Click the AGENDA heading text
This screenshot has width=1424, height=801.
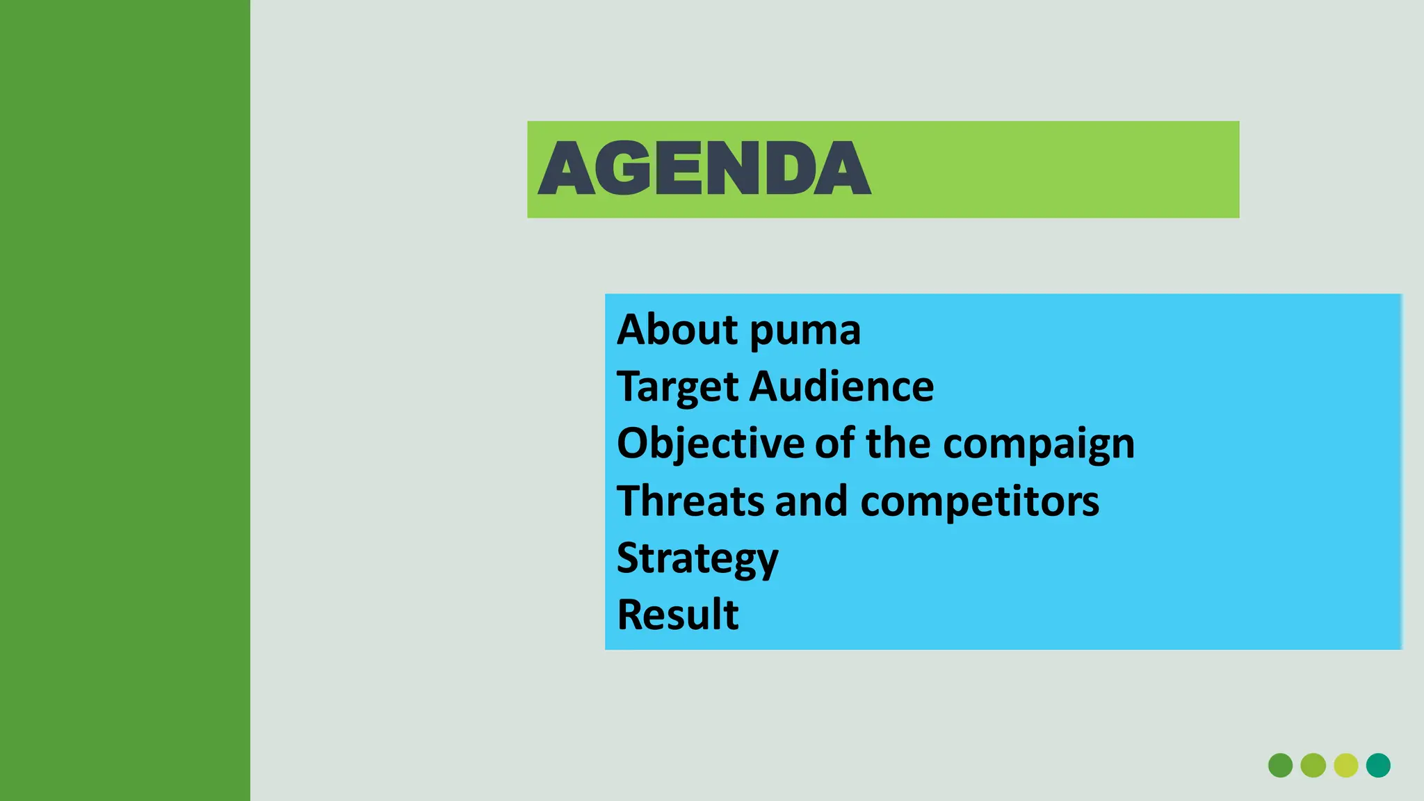coord(704,168)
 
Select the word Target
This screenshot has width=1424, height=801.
coord(677,387)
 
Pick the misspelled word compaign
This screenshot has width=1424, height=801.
coord(1038,445)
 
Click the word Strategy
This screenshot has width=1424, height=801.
coord(697,559)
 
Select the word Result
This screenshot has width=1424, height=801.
coord(678,615)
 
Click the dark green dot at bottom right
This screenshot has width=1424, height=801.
coord(1280,765)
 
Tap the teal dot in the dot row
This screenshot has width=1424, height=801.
coord(1378,765)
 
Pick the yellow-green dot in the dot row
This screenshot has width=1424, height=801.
coord(1346,765)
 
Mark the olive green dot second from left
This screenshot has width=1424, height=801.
coord(1313,765)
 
